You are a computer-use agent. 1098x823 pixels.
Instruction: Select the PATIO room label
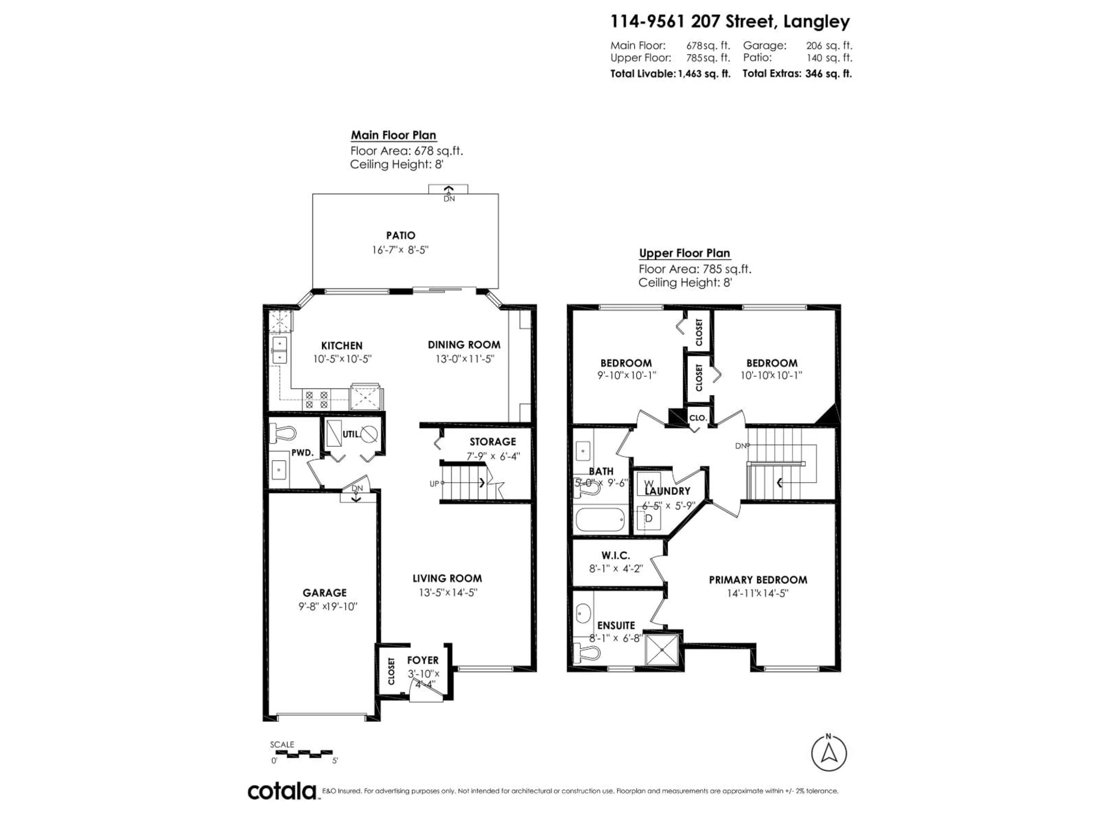click(x=401, y=236)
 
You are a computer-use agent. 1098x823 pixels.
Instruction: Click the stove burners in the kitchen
click(x=317, y=399)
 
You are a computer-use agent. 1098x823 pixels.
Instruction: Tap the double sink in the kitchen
click(x=279, y=350)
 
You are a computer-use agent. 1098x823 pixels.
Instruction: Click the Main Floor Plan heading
click(x=393, y=135)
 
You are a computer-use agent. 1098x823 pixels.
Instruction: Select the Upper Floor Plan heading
click(x=684, y=253)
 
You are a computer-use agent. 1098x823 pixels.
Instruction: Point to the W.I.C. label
click(x=616, y=556)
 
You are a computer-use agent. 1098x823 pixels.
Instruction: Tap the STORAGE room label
click(x=492, y=442)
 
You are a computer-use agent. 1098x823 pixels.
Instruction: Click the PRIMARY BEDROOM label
click(x=757, y=580)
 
